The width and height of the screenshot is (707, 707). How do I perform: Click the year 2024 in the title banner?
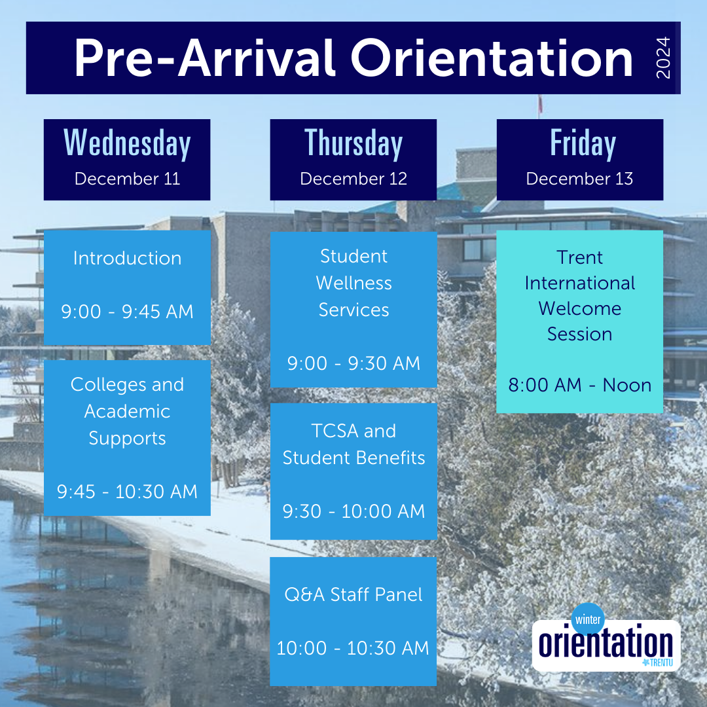point(663,58)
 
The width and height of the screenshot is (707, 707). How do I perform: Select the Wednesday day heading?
point(127,143)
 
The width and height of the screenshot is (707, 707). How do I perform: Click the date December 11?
point(127,179)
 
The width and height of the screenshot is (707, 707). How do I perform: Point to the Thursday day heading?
point(353,143)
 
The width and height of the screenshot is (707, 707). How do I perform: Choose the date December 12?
point(353,179)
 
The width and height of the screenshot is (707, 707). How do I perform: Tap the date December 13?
point(579,179)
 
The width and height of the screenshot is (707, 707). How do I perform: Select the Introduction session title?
point(127,258)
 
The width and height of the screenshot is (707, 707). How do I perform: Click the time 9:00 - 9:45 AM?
point(127,312)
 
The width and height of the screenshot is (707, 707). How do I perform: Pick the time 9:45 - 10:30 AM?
point(127,492)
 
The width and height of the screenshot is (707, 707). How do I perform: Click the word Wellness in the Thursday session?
point(353,283)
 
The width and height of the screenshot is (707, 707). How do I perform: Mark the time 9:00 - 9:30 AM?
point(353,363)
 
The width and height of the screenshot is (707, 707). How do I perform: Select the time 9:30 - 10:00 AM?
point(353,511)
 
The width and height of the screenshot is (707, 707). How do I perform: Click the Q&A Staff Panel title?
point(353,594)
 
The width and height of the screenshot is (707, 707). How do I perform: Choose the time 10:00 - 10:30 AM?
point(353,648)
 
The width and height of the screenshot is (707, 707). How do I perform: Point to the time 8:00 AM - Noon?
point(579,385)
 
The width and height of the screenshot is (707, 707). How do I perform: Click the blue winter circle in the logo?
point(588,619)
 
